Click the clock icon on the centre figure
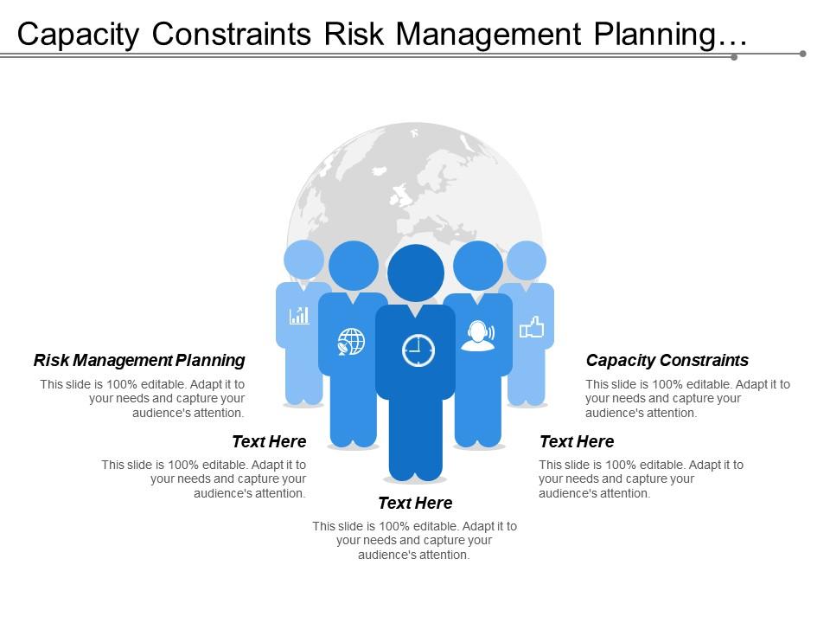[418, 350]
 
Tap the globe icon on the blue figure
[351, 341]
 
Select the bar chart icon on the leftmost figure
[299, 315]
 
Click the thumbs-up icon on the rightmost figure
[531, 327]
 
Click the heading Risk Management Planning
[139, 360]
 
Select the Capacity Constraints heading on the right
[667, 360]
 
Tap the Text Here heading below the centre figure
[415, 503]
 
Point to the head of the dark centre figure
[416, 273]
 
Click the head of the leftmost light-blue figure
[303, 259]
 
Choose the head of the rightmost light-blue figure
[527, 260]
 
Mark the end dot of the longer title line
[802, 54]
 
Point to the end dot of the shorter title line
[734, 58]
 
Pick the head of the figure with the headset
[478, 265]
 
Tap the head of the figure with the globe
[354, 265]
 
